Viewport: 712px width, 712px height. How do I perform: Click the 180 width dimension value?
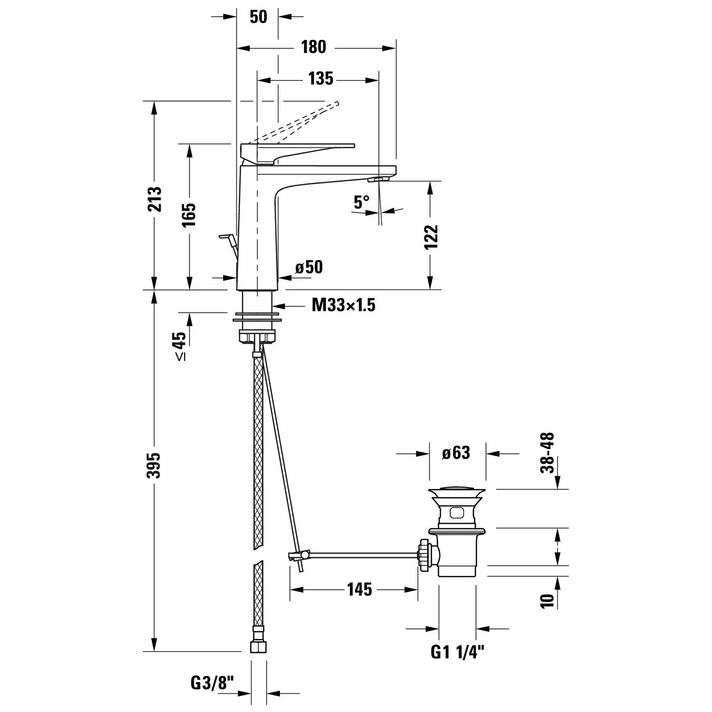(313, 47)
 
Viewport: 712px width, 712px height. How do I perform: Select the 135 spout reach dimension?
(321, 79)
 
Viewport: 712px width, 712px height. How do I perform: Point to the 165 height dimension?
(189, 215)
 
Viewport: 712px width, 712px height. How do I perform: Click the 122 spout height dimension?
(431, 237)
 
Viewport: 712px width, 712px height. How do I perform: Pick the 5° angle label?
(361, 202)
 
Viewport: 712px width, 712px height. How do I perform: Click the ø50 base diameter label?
(309, 267)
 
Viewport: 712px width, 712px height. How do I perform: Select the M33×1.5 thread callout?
(343, 305)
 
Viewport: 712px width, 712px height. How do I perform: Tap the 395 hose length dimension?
(155, 465)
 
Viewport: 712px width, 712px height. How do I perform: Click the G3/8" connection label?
(212, 684)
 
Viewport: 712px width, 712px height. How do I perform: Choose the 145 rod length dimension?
(359, 590)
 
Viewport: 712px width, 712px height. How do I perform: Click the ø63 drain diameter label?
(456, 453)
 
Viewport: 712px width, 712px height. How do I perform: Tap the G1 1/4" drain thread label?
(457, 652)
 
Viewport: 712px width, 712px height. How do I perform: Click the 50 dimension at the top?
(258, 17)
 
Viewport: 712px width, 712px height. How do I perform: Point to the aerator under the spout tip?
(380, 179)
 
